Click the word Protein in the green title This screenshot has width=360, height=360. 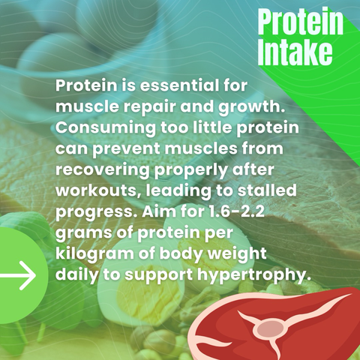(x=300, y=22)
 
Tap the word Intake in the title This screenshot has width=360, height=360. (x=295, y=52)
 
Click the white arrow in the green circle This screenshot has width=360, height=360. (x=18, y=275)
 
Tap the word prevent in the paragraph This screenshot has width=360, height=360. (x=126, y=149)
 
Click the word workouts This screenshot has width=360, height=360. (x=97, y=190)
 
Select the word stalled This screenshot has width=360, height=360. (x=267, y=190)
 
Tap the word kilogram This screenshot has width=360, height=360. (x=94, y=254)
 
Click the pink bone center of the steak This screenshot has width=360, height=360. (x=270, y=328)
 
